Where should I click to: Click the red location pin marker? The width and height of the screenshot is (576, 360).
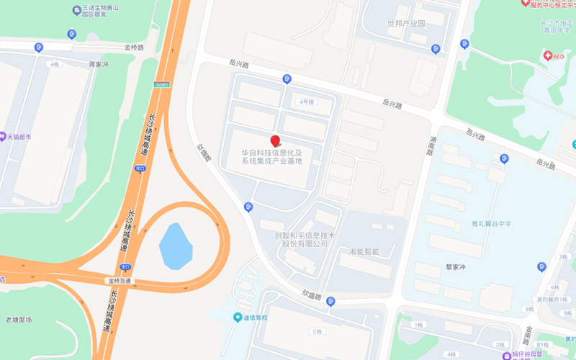click(274, 141)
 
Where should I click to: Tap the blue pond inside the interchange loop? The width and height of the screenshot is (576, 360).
click(176, 246)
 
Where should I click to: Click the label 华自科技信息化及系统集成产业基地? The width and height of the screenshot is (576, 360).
click(272, 157)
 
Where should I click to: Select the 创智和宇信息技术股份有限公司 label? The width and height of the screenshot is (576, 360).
click(305, 239)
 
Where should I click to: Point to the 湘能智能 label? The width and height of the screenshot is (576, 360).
click(364, 251)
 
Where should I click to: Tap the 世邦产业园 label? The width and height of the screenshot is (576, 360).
click(406, 23)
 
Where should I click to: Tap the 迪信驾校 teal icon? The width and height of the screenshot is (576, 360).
click(238, 318)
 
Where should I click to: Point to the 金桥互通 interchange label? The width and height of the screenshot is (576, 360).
click(120, 281)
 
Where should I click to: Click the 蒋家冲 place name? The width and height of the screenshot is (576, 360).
click(98, 64)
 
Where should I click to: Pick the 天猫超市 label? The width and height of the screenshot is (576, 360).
click(17, 135)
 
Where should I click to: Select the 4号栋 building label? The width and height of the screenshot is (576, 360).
click(307, 102)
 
